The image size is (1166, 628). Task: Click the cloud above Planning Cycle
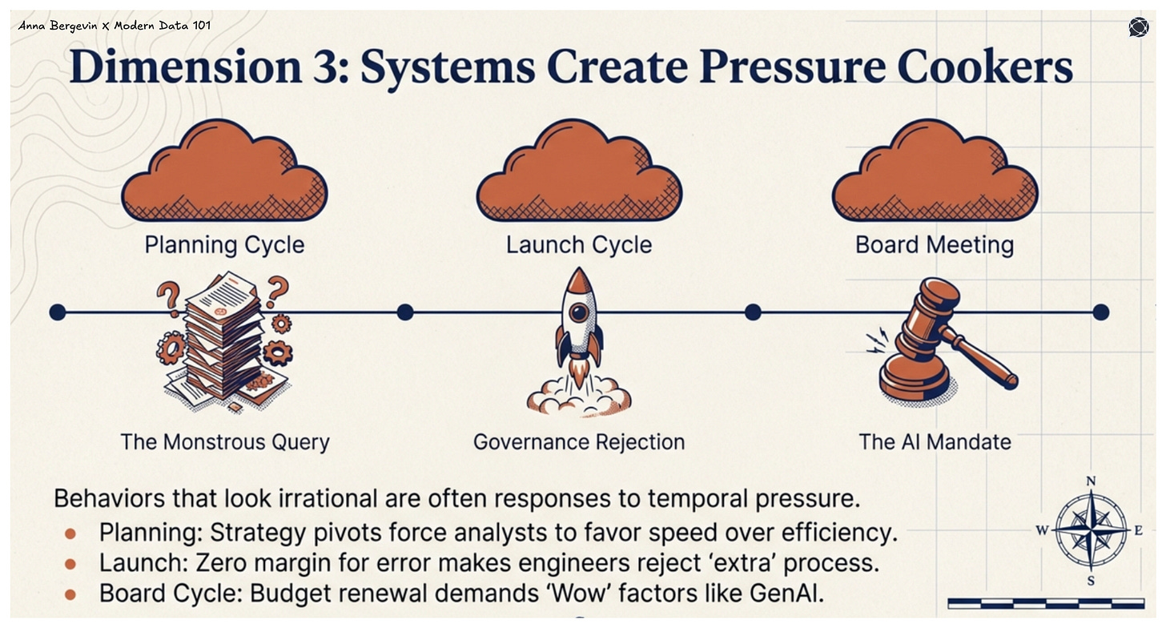click(224, 172)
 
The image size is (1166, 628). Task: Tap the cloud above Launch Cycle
click(579, 172)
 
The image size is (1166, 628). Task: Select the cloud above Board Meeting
click(935, 172)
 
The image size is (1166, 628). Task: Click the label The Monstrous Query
click(225, 441)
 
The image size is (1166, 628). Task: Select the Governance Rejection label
click(579, 441)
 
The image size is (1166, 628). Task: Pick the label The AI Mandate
click(935, 441)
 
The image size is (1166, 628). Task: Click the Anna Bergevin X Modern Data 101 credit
click(115, 26)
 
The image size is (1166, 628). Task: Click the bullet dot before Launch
click(70, 564)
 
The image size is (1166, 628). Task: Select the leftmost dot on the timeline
click(57, 312)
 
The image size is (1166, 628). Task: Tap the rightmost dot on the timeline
click(1100, 312)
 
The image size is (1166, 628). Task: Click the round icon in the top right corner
click(1138, 27)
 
